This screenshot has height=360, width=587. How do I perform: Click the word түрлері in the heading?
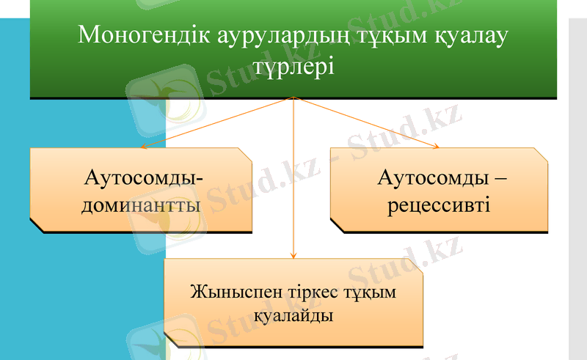click(293, 67)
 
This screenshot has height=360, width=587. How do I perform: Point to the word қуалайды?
click(293, 317)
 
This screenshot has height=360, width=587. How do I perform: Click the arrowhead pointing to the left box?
click(143, 147)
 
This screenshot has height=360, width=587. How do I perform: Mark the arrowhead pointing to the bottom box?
click(293, 256)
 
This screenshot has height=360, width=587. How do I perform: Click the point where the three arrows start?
click(293, 97)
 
